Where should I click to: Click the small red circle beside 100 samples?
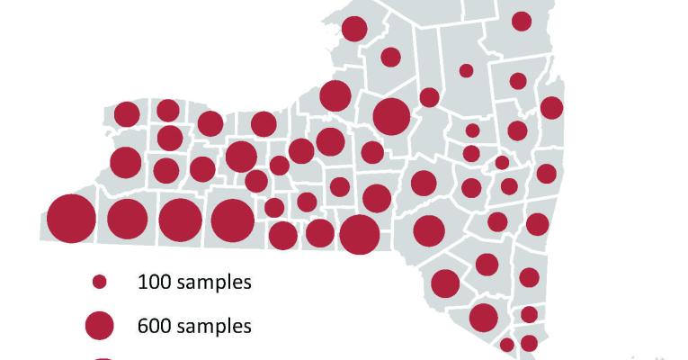[100, 282]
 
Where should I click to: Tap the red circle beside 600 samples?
[99, 325]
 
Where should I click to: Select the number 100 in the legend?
[153, 282]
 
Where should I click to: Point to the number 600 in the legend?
[153, 325]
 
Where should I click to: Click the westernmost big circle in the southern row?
[71, 219]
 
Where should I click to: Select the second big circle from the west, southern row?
[127, 219]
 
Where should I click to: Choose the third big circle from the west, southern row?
[180, 220]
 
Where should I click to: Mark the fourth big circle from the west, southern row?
[233, 220]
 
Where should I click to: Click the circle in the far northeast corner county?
[522, 21]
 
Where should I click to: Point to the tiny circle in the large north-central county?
[466, 70]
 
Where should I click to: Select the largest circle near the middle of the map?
[391, 116]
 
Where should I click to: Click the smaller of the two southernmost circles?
[507, 345]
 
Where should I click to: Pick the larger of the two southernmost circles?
[529, 343]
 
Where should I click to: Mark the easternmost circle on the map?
[551, 108]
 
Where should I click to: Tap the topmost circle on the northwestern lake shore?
[354, 29]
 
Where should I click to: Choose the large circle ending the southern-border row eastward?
[360, 234]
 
